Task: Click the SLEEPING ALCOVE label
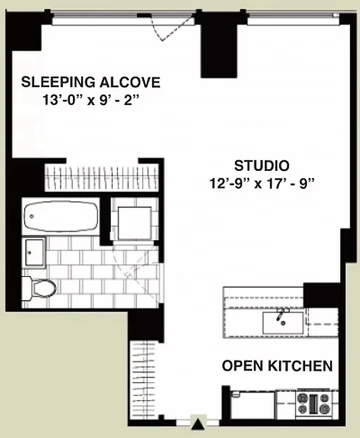90,83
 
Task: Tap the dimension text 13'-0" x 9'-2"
90,101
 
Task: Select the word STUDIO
261,165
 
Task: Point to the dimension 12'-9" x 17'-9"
261,183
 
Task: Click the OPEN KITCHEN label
277,366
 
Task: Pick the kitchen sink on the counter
283,321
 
